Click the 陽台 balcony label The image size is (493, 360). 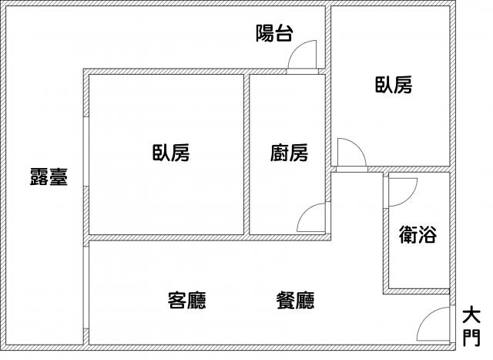(274, 33)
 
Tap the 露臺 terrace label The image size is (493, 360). (49, 177)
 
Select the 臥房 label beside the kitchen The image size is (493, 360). (171, 153)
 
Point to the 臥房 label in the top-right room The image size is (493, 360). (394, 85)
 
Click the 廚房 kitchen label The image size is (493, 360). (289, 153)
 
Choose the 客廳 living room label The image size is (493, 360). (186, 300)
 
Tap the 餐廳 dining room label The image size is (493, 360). (295, 300)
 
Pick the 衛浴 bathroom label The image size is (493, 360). (418, 234)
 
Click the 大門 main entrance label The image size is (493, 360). (471, 327)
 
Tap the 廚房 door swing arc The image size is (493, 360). (311, 217)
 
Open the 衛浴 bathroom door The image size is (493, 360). (403, 192)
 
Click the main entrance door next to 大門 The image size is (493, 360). (434, 324)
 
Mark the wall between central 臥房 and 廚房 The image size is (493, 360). (246, 154)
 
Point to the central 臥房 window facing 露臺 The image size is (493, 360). (86, 152)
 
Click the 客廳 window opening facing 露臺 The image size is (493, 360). (86, 288)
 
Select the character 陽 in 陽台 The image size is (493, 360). (264, 33)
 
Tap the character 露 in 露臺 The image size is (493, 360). (39, 177)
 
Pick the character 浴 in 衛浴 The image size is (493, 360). (428, 234)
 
